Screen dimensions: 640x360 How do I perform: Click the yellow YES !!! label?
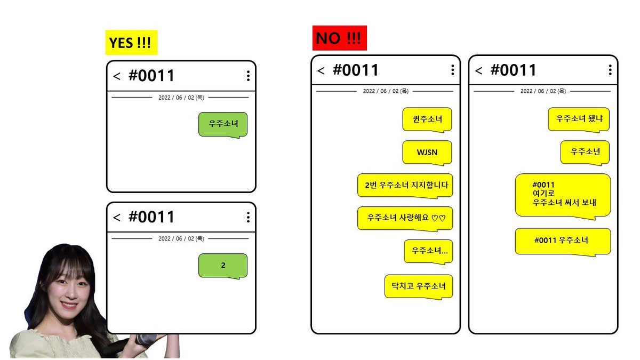(131, 43)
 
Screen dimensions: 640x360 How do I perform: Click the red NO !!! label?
(339, 38)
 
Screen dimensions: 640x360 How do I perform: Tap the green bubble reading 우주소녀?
(223, 125)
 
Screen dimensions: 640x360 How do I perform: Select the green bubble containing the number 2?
(223, 266)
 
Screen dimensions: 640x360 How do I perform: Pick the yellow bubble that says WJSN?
(427, 153)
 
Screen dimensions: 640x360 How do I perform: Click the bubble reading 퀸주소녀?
(427, 119)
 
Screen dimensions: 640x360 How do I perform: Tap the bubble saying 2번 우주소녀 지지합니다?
(405, 186)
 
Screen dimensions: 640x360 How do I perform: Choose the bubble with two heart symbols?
(405, 219)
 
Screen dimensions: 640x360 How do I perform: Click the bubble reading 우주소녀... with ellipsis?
(429, 251)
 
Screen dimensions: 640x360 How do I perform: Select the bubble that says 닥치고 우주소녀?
(419, 286)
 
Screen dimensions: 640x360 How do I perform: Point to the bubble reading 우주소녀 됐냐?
(579, 119)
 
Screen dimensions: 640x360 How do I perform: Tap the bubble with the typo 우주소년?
(585, 153)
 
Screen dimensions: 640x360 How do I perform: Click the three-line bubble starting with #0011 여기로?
(563, 196)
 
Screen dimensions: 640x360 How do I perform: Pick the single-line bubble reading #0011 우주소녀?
(563, 242)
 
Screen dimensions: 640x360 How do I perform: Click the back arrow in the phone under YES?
(117, 76)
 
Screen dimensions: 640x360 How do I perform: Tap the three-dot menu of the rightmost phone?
(610, 70)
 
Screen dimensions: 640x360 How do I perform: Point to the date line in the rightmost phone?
(543, 91)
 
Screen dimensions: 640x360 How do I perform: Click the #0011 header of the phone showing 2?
(151, 217)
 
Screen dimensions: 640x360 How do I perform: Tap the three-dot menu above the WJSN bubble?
(453, 70)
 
